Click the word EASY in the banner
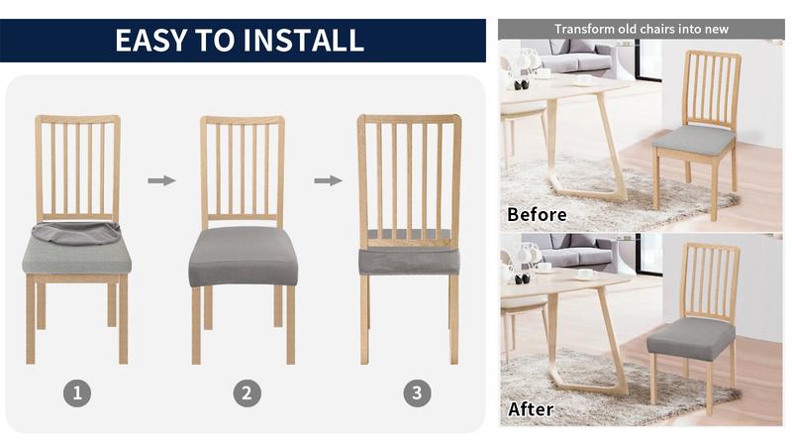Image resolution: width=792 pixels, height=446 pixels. [149, 40]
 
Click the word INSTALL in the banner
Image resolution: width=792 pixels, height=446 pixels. [302, 40]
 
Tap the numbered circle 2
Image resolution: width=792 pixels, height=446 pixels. [247, 392]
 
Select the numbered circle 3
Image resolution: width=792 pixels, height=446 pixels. [417, 392]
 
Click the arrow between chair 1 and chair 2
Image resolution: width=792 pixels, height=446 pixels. [161, 180]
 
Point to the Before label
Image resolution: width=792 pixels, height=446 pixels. [537, 214]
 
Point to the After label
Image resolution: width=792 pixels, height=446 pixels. [531, 408]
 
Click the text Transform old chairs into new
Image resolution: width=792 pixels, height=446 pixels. [641, 29]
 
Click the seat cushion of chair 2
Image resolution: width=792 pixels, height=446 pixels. [243, 255]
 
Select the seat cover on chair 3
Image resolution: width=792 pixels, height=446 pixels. [409, 260]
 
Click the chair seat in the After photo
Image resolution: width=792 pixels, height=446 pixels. [691, 338]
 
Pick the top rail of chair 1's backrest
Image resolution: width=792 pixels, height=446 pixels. [77, 120]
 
